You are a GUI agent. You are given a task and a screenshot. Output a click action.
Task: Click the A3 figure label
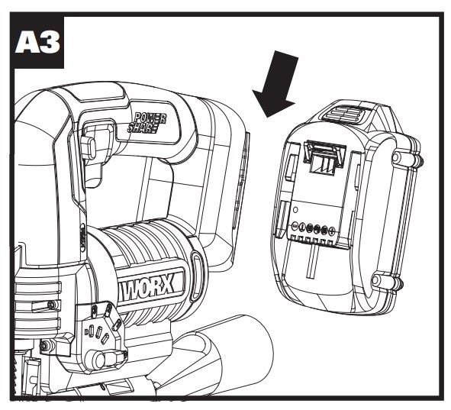tap(37, 42)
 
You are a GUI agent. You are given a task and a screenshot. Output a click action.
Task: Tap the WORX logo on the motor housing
tap(147, 287)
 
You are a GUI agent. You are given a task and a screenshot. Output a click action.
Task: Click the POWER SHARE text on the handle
tap(147, 122)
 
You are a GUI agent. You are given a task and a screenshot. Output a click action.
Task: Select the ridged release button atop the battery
tap(346, 113)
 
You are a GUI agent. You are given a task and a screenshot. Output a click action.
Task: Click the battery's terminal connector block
tap(324, 157)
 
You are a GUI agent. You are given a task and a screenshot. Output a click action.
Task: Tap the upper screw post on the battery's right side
tap(398, 157)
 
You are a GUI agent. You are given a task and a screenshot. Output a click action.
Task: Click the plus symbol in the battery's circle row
tap(332, 230)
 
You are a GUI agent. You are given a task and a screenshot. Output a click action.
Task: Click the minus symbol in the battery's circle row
tap(295, 226)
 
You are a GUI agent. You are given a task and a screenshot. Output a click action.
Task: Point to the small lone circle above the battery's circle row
tap(295, 210)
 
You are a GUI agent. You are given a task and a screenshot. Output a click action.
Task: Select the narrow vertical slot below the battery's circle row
tap(312, 261)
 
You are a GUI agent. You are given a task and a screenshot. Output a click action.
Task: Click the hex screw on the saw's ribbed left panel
tap(52, 305)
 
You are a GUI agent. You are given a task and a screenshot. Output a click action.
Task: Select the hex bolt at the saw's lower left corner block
tap(46, 345)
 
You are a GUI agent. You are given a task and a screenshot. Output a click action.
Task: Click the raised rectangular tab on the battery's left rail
tap(291, 169)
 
